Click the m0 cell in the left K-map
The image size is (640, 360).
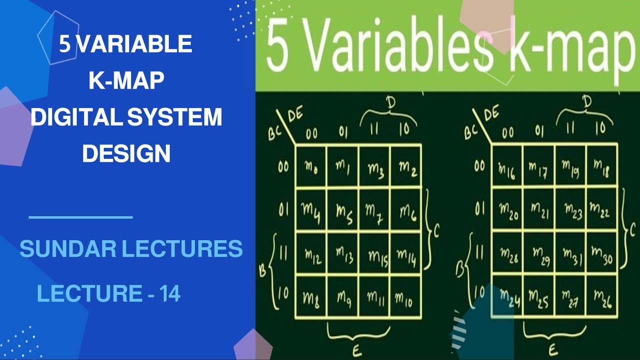[x=311, y=167]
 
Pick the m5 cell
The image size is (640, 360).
[x=343, y=211]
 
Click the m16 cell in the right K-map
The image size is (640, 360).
[x=507, y=167]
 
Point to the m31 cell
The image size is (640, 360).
[x=570, y=253]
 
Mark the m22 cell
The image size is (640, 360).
[x=602, y=210]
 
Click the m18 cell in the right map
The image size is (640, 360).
[x=602, y=167]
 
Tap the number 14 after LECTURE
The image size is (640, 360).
[x=170, y=294]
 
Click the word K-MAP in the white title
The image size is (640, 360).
[x=126, y=81]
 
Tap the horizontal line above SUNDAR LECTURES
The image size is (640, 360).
[x=80, y=217]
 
